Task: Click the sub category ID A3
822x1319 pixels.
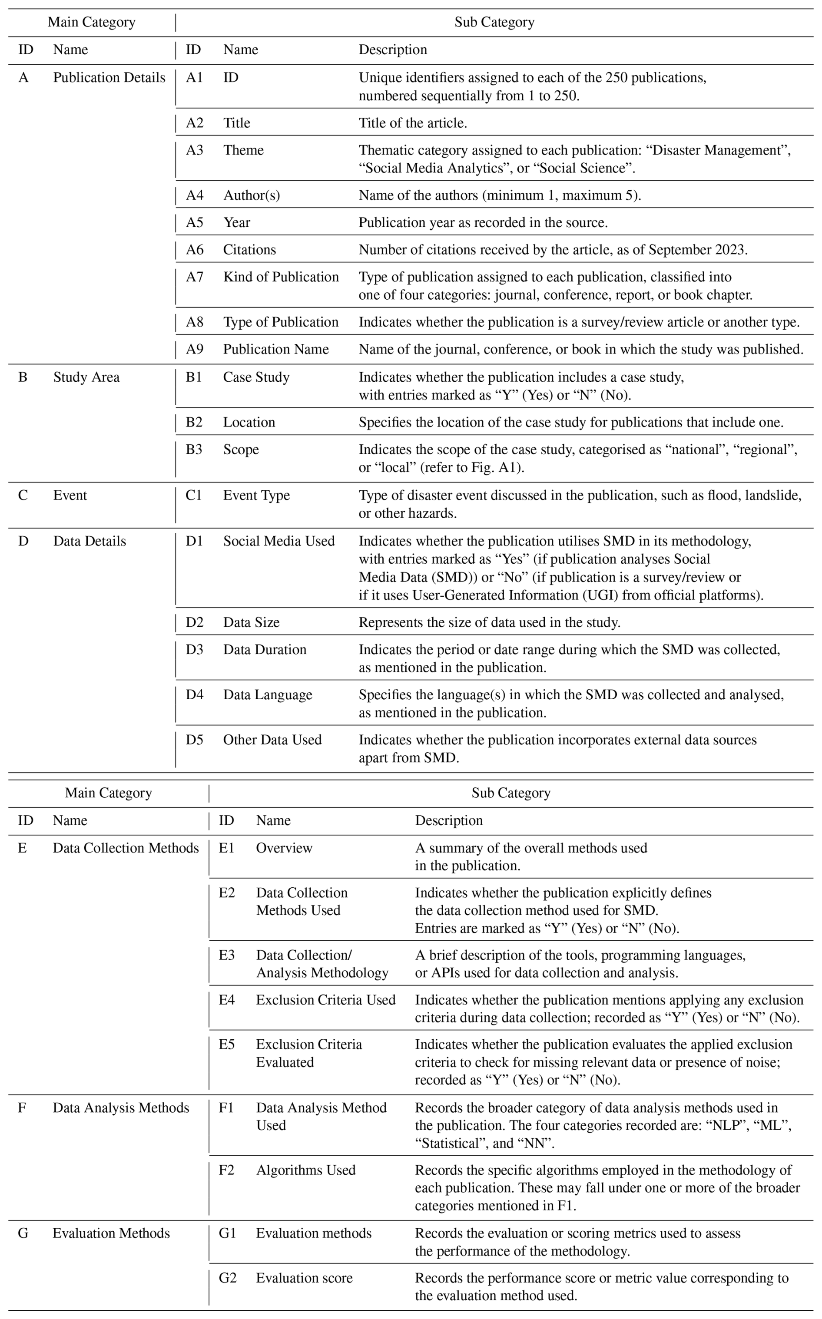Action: tap(195, 150)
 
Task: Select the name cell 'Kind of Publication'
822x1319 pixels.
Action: tap(281, 277)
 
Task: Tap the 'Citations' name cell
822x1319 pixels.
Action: tap(249, 249)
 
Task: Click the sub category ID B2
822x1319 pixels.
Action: tap(194, 422)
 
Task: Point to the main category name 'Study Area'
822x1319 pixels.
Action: tap(86, 377)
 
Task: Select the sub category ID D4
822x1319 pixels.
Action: tap(195, 694)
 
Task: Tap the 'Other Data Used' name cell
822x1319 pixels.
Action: tap(272, 740)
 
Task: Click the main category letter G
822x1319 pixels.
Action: tap(23, 1233)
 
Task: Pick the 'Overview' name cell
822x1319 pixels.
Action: tap(284, 848)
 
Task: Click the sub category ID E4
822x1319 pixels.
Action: tap(227, 999)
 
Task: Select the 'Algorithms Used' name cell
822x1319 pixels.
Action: tap(305, 1170)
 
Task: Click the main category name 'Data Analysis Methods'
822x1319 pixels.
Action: tap(121, 1107)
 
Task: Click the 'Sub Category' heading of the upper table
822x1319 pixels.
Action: tap(494, 22)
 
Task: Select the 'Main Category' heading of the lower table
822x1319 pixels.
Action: tap(108, 793)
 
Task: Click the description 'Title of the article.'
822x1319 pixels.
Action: tap(413, 123)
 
